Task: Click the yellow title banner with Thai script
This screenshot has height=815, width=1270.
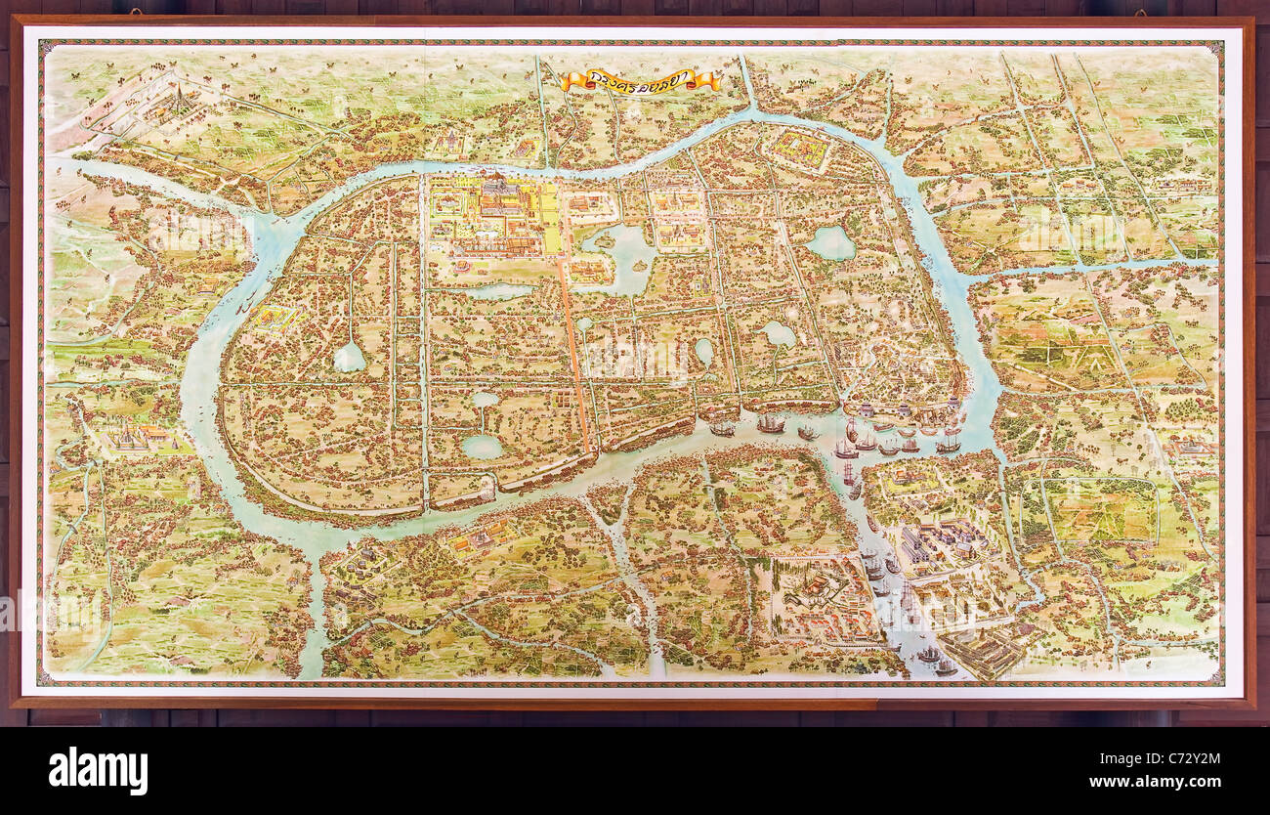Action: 640,81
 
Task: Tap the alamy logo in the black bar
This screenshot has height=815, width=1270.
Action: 98,771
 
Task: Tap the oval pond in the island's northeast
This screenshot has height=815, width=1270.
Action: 831,242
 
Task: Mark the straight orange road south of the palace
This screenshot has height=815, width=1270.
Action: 573,352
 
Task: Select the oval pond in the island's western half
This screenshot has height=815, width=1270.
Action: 349,358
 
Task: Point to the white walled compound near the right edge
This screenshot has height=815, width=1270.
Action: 1194,447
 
